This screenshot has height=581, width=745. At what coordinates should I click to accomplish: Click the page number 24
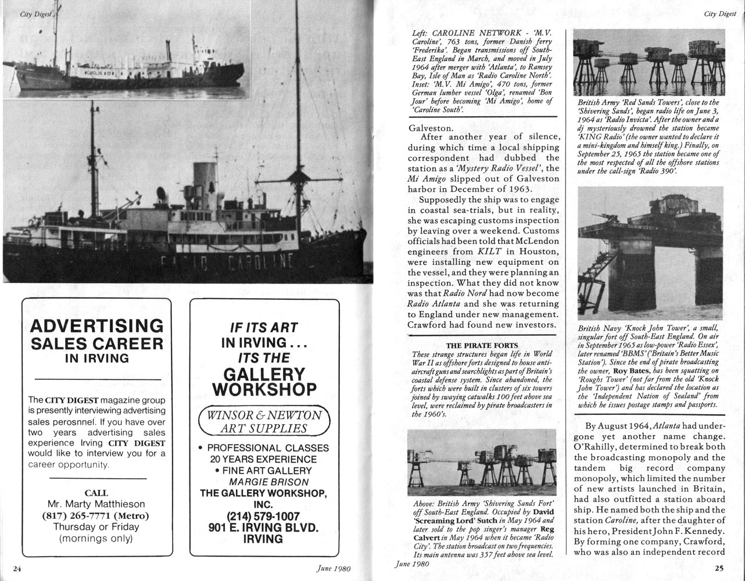tap(17, 568)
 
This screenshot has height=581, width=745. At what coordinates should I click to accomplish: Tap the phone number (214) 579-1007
tap(264, 517)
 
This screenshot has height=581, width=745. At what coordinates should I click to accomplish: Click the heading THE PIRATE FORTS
tap(482, 346)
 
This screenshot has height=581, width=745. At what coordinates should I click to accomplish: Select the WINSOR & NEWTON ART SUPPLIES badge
tap(264, 422)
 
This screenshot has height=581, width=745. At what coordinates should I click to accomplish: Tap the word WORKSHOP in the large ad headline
tap(264, 389)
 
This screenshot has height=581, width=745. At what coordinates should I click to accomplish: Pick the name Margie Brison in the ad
tap(264, 482)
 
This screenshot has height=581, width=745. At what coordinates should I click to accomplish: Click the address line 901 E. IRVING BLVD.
tap(264, 528)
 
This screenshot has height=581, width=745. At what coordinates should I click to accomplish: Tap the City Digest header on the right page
tap(719, 14)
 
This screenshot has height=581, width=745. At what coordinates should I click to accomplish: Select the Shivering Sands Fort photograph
tap(482, 462)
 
